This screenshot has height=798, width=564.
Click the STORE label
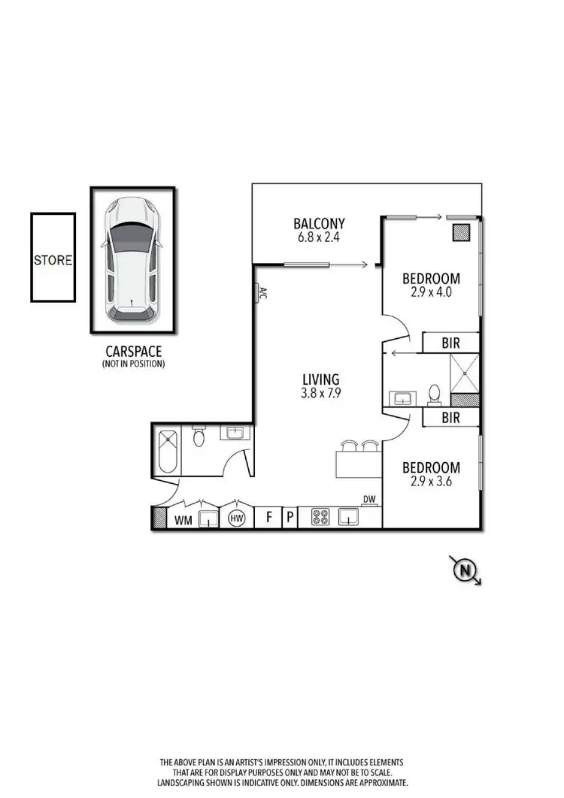pos(53,261)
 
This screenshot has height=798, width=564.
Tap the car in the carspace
pos(132,260)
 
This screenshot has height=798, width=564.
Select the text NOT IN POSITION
pos(133,364)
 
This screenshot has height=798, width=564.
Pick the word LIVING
pos(320,379)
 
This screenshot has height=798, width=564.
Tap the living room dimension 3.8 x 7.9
pos(320,393)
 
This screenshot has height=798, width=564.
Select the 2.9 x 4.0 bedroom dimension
pos(431,293)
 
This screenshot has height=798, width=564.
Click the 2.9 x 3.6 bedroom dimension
pos(431,482)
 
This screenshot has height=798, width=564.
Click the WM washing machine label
pos(182,518)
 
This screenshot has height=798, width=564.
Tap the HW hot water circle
pos(238,518)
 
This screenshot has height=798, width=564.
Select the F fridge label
pos(268,518)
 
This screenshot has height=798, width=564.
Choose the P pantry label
pos(290,518)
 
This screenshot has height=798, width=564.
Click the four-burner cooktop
pos(321,518)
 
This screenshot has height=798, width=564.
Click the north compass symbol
pos(465,571)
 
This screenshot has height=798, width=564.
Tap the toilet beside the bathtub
pos(199,437)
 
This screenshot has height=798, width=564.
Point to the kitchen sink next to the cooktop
pos(348,517)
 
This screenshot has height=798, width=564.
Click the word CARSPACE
pos(133,351)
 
